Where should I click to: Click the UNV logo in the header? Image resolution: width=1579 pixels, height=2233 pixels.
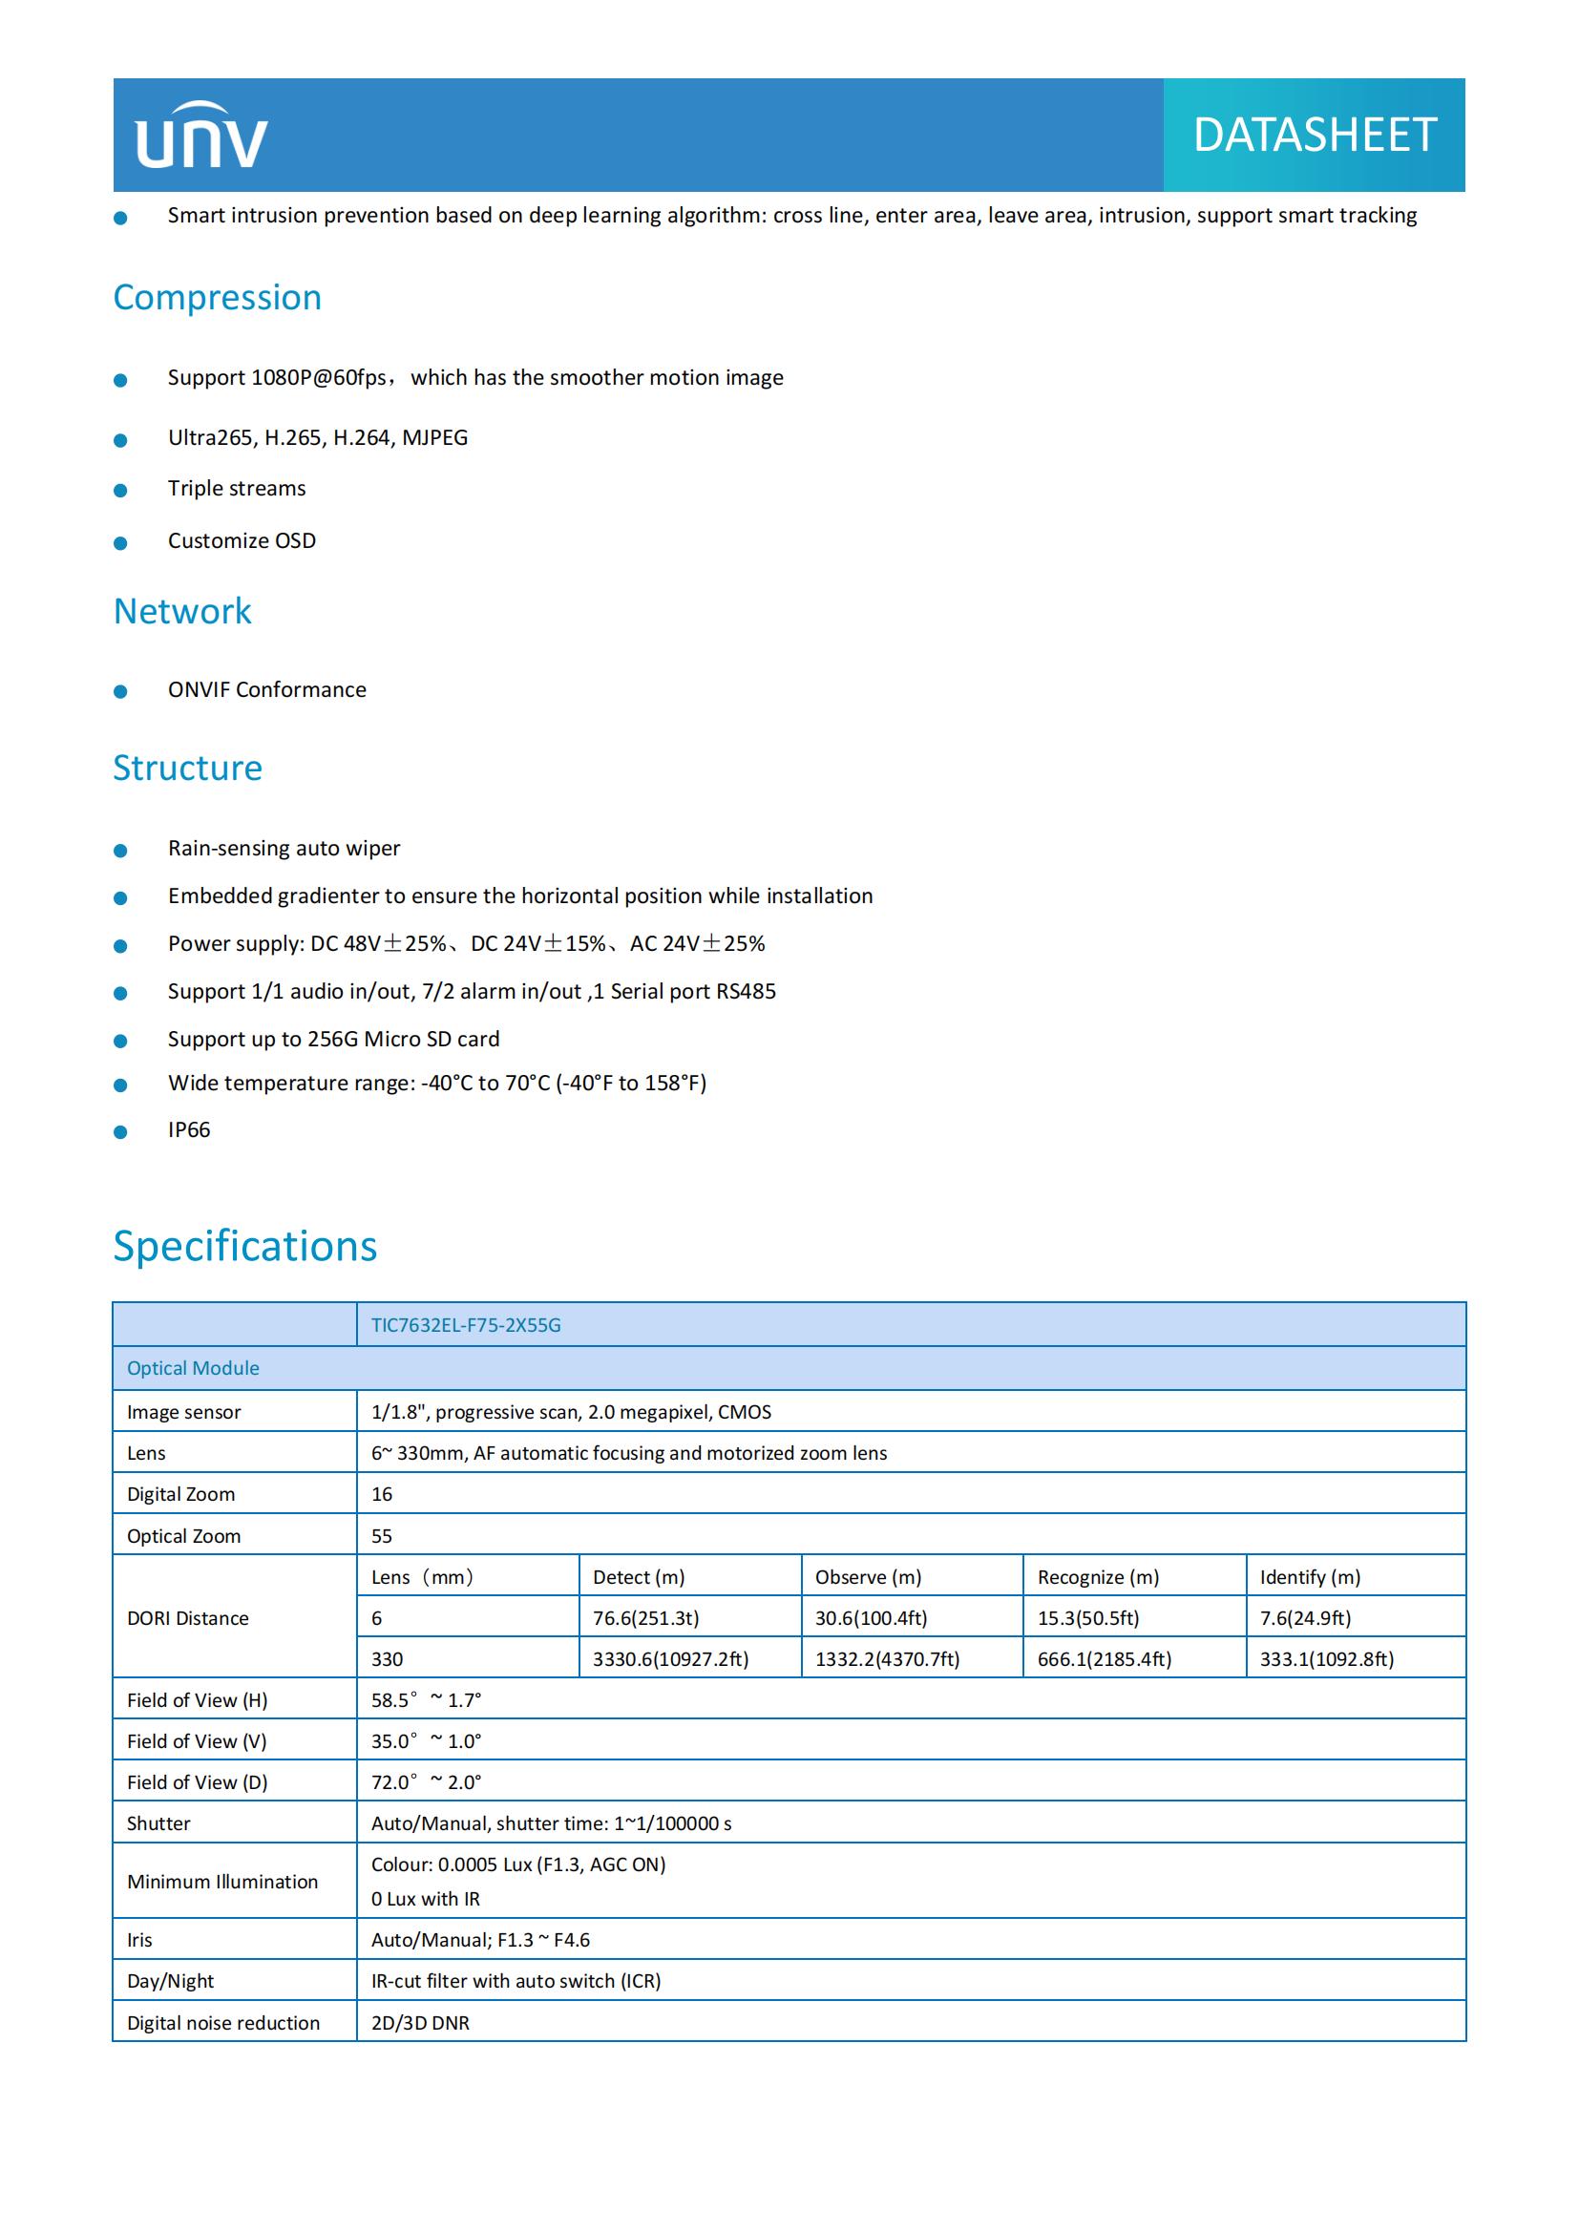pos(201,137)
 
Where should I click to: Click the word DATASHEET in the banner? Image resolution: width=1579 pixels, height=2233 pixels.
pos(1314,136)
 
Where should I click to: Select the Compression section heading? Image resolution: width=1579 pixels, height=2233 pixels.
pos(217,298)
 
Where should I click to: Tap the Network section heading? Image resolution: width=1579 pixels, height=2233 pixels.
pos(181,612)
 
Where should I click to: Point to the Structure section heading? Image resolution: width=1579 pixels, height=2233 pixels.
pos(188,769)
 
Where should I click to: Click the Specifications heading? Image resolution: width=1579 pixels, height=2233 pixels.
pos(245,1246)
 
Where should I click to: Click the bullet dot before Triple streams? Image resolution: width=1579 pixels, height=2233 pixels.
pos(120,490)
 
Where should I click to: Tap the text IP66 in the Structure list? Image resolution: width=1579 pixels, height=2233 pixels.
pos(189,1130)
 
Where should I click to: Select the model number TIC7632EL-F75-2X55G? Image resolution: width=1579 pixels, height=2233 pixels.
pos(466,1325)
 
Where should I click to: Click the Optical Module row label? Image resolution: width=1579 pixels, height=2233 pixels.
pos(193,1368)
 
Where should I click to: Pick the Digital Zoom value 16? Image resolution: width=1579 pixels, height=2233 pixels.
pos(382,1494)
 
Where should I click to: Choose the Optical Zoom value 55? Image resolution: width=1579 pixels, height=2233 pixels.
pos(382,1536)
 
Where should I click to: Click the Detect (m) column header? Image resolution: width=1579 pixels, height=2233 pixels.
pos(639,1576)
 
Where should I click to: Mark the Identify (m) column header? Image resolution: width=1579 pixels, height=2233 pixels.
pos(1310,1576)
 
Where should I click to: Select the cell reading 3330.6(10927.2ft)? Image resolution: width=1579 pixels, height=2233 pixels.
pos(671,1659)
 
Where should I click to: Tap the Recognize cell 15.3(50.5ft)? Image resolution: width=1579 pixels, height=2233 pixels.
pos(1088,1618)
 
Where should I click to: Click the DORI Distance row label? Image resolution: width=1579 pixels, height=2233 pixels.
pos(188,1618)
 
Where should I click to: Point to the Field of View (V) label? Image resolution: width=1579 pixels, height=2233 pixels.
pos(197,1741)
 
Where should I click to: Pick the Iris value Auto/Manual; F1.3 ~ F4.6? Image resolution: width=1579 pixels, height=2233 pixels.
pos(480,1939)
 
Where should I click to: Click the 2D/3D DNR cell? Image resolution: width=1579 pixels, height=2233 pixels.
pos(420,2023)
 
